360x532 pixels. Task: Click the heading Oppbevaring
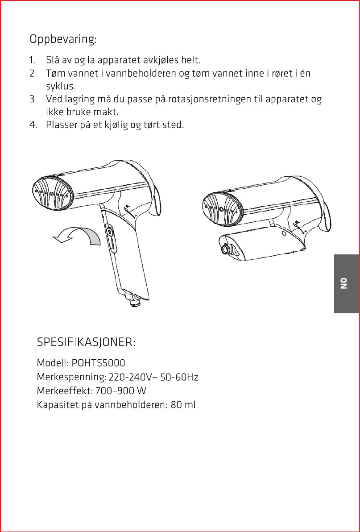pyautogui.click(x=63, y=39)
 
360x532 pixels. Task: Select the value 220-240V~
pyautogui.click(x=132, y=378)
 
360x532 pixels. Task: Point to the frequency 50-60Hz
pyautogui.click(x=179, y=378)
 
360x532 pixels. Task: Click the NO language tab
pyautogui.click(x=344, y=283)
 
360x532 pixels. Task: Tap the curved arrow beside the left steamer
pyautogui.click(x=78, y=236)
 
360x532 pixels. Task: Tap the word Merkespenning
pyautogui.click(x=71, y=378)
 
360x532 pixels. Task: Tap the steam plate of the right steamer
pyautogui.click(x=222, y=207)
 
